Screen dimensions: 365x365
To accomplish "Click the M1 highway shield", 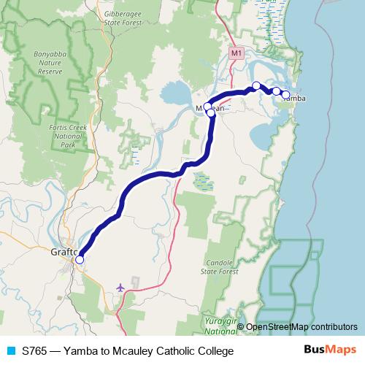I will pos(235,53).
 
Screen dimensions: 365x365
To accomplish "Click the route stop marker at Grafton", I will pos(80,259).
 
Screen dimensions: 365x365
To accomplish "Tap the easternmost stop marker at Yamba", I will pos(285,94).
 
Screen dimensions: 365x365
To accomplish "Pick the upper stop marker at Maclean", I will pos(207,107).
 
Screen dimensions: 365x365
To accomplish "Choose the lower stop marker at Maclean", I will pos(211,113).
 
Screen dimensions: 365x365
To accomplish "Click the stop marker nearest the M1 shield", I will pos(256,85).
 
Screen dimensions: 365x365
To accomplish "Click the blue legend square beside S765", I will pos(10,350).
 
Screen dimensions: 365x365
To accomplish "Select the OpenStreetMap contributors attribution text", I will pos(301,327).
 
